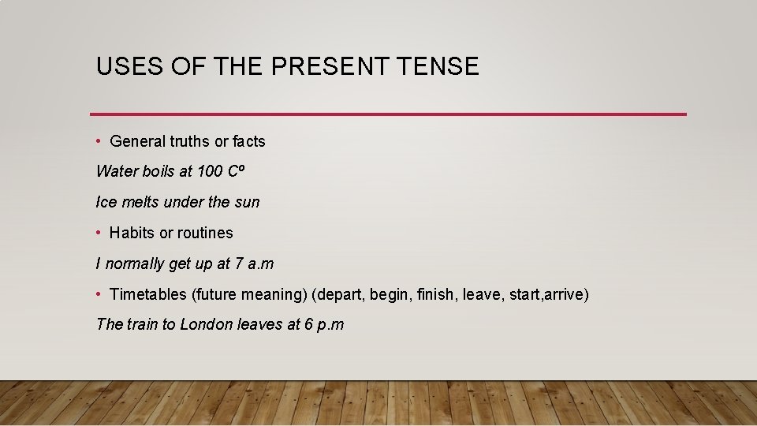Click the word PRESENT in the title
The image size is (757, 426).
pyautogui.click(x=327, y=66)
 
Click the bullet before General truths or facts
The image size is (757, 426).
pyautogui.click(x=99, y=141)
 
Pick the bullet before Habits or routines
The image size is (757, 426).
pyautogui.click(x=99, y=233)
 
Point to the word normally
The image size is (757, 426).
pyautogui.click(x=135, y=263)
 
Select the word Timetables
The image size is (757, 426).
pyautogui.click(x=147, y=294)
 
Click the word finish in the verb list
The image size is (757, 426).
pyautogui.click(x=436, y=294)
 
